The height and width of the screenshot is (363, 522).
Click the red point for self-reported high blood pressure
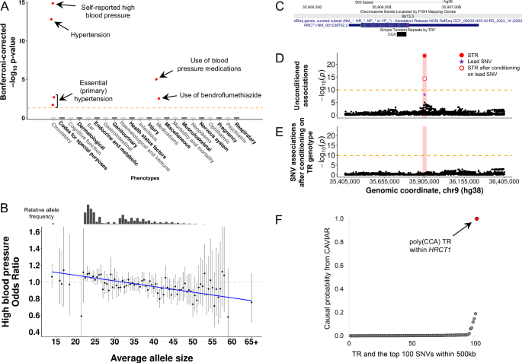[x=53, y=3]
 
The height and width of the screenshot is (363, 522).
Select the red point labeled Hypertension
[x=51, y=20]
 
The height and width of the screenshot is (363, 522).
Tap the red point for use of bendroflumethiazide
[x=159, y=98]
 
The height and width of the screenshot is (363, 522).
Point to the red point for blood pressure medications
[x=157, y=79]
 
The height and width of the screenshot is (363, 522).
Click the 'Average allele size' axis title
[x=149, y=357]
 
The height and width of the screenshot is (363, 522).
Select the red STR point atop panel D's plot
[x=424, y=56]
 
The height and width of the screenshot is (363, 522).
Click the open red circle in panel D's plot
[x=424, y=78]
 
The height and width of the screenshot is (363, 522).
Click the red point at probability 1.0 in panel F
[x=477, y=218]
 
